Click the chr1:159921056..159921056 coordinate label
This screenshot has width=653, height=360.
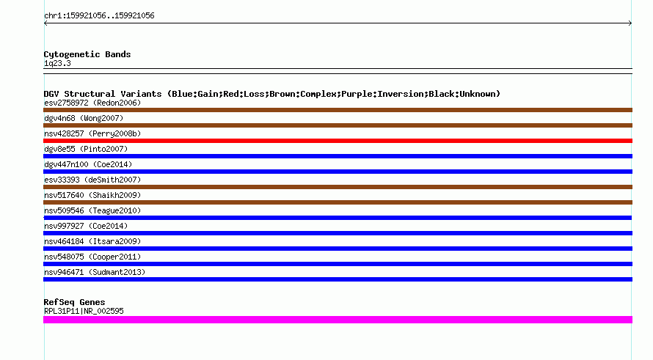(99, 16)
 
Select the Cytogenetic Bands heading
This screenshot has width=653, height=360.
(87, 54)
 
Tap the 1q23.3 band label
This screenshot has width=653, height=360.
(57, 63)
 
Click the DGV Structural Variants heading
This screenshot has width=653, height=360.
(272, 94)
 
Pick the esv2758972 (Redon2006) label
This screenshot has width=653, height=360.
(92, 103)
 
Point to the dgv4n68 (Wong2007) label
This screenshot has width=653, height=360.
(84, 118)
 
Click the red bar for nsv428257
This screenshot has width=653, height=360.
(338, 141)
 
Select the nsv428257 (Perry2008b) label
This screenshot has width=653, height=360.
(92, 133)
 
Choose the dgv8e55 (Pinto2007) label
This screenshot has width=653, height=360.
(86, 149)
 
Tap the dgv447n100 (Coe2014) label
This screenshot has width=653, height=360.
(88, 164)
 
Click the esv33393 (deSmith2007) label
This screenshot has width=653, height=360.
(92, 180)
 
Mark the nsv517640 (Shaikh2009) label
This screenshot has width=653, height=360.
(92, 195)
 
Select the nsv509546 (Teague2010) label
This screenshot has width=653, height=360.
(92, 210)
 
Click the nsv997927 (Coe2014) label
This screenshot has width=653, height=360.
(86, 226)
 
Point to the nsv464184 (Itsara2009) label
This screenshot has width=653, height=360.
(92, 241)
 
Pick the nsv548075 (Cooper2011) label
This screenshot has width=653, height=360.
(92, 257)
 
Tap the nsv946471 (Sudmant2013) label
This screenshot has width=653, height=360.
(95, 272)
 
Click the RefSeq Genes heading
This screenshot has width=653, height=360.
(74, 302)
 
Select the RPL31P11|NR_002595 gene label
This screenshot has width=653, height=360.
(84, 311)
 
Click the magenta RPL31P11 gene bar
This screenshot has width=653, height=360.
(338, 320)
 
